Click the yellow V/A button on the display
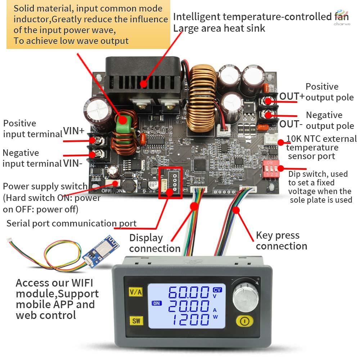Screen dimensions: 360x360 click(x=136, y=292)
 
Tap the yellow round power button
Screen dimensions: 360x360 click(x=244, y=321)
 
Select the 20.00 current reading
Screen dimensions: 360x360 click(x=189, y=306)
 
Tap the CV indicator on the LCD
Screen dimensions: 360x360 click(x=217, y=290)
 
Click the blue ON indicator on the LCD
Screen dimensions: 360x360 click(x=157, y=303)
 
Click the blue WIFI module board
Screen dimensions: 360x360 click(x=101, y=251)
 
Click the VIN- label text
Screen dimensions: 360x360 click(x=73, y=163)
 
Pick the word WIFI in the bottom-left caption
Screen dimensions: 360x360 click(x=82, y=283)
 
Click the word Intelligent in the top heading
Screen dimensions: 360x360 click(x=197, y=17)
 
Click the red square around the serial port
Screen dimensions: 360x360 click(x=170, y=183)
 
